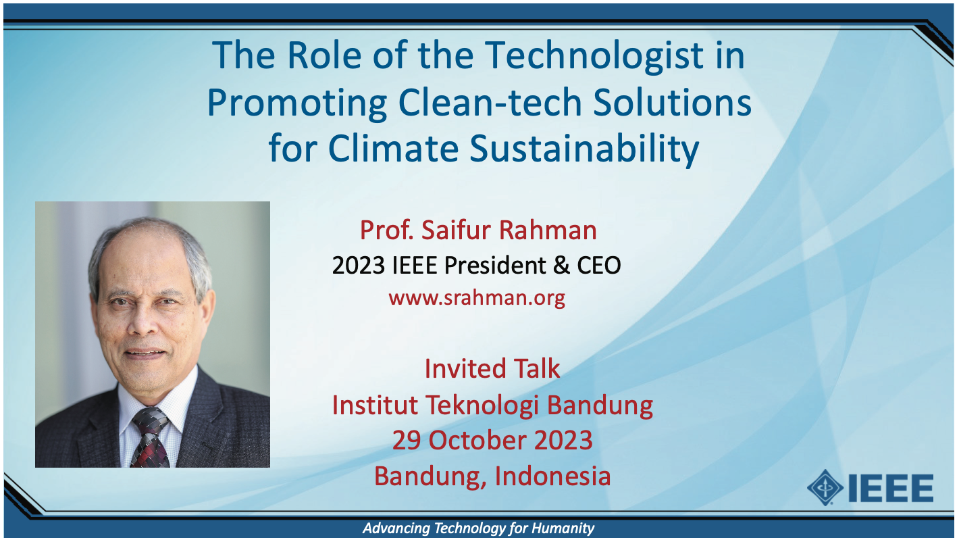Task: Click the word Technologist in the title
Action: tap(595, 57)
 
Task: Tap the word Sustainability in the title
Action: tap(584, 149)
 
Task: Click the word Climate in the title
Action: tap(394, 148)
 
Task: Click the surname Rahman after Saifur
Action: tap(548, 230)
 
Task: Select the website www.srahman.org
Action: tap(477, 298)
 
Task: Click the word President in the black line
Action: tap(495, 265)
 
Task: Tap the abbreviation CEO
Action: tap(599, 265)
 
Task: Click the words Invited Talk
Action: tap(492, 368)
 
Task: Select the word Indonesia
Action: tap(552, 476)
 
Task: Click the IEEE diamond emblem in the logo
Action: tap(825, 487)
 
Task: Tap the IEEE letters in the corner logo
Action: tap(891, 487)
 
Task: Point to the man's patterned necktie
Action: tap(151, 437)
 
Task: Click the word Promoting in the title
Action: tap(298, 103)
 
